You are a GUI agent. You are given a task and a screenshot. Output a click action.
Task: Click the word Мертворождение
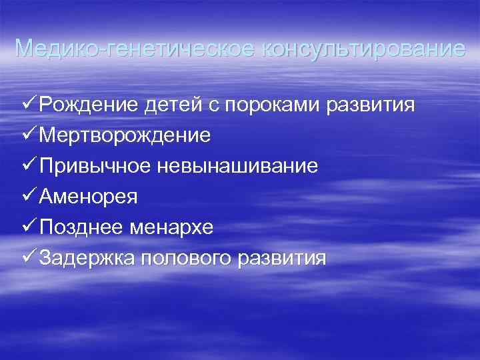pyautogui.click(x=125, y=136)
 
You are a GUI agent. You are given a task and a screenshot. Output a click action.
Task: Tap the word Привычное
pyautogui.click(x=95, y=167)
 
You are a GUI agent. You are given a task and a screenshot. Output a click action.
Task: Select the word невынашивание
pyautogui.click(x=238, y=167)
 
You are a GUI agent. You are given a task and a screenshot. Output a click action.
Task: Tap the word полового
pyautogui.click(x=183, y=259)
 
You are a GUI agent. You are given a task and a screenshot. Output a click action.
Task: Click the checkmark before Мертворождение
pyautogui.click(x=29, y=135)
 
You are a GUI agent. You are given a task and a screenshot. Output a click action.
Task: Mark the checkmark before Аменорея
pyautogui.click(x=29, y=197)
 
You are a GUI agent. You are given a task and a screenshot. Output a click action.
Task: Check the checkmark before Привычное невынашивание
pyautogui.click(x=29, y=166)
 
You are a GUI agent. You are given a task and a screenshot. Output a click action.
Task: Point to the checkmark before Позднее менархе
pyautogui.click(x=29, y=227)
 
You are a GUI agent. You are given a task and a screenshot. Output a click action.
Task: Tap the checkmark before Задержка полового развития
pyautogui.click(x=29, y=258)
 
